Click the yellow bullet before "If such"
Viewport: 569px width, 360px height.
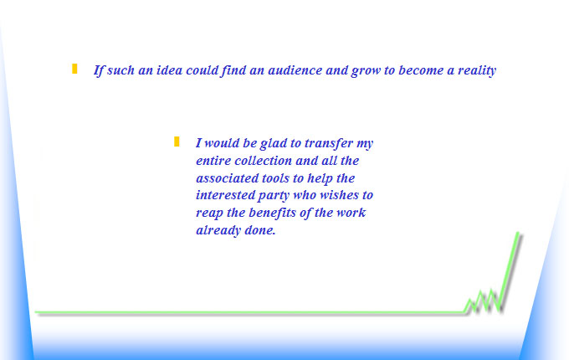(x=74, y=69)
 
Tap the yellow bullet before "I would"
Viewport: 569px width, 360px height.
(x=177, y=141)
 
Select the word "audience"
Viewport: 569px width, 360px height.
(x=295, y=69)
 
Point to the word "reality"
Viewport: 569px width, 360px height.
(x=477, y=70)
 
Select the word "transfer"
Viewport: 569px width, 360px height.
(x=329, y=143)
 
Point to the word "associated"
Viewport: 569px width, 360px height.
(x=227, y=178)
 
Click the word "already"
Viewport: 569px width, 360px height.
(x=218, y=231)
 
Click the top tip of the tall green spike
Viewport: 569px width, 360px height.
(x=517, y=233)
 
